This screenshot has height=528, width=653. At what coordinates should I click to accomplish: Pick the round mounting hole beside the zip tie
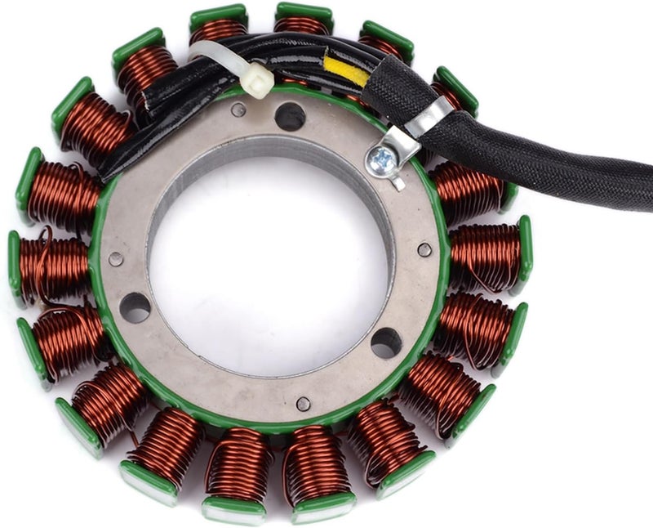point(290,117)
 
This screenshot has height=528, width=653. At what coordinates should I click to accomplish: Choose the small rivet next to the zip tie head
point(238,110)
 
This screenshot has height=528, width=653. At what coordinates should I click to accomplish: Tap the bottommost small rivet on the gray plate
point(303,403)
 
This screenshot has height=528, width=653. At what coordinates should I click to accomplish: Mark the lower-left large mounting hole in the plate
point(135,307)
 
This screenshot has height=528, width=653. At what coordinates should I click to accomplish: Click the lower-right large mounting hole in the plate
point(386,342)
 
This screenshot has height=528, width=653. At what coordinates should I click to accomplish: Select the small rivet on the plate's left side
point(116,259)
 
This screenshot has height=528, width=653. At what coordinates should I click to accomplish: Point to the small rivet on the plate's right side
point(424,249)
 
